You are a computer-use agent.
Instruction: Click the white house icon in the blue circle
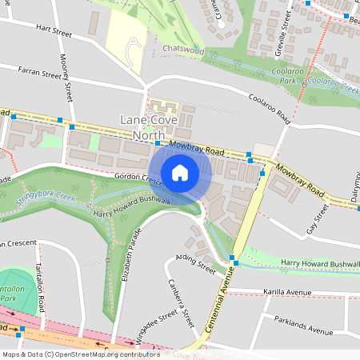point(180,172)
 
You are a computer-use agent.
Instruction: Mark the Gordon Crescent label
point(140,179)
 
